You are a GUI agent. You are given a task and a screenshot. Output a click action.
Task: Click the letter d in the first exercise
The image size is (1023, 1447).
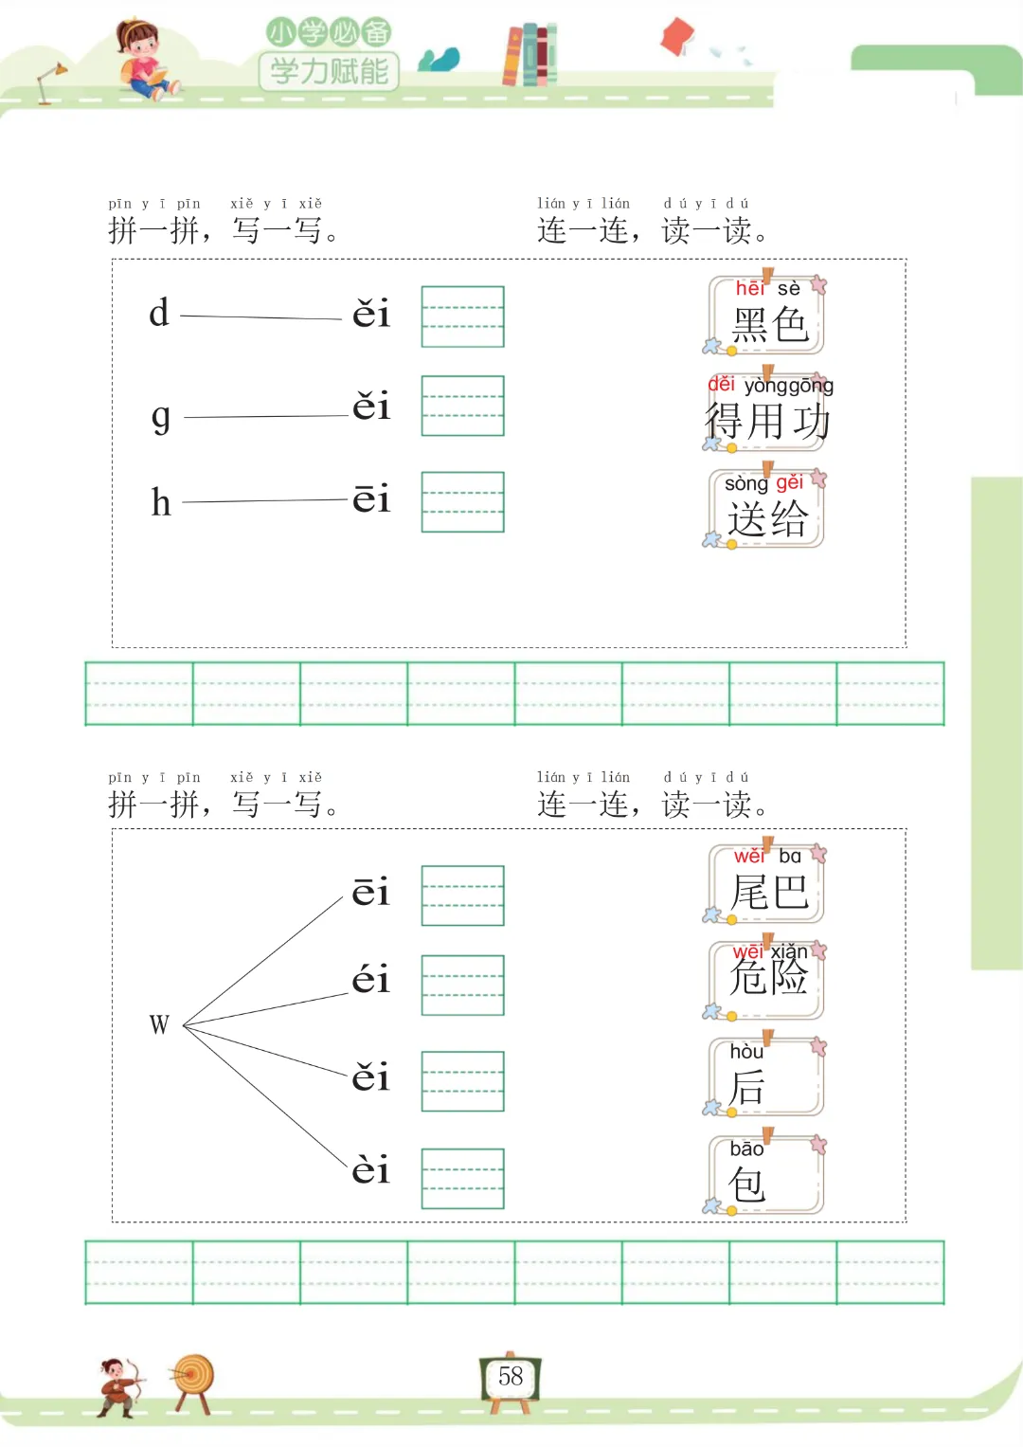pos(159,313)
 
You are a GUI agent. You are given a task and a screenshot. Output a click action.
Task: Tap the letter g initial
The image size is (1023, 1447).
pos(161,416)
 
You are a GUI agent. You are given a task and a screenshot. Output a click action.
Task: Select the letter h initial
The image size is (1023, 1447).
pos(161,502)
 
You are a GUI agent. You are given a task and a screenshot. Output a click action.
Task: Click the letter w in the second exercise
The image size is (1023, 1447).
pos(159,1024)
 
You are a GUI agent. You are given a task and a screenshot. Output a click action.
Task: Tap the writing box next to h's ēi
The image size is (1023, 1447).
pos(462,502)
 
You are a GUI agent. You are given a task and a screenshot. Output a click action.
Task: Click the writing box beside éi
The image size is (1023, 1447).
pos(462,986)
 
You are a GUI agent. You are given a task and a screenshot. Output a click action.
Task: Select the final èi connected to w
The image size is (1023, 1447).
pos(370,1170)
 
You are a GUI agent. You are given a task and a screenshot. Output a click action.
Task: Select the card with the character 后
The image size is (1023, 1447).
pos(765,1077)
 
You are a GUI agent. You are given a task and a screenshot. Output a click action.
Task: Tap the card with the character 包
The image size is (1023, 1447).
pos(765,1175)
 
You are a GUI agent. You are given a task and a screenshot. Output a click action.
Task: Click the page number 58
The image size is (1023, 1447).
pos(511,1376)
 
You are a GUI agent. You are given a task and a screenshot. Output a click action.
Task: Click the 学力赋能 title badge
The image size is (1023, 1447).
pos(329,70)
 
